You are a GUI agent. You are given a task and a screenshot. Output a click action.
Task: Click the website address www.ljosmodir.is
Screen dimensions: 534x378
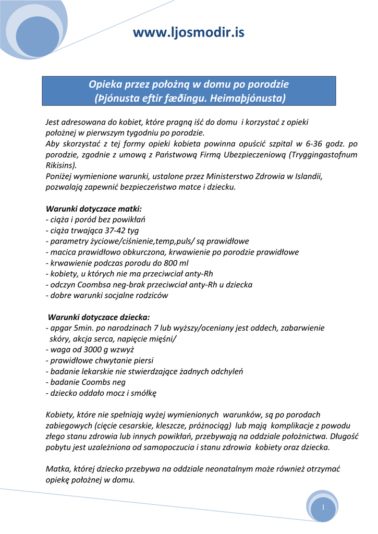[188, 33]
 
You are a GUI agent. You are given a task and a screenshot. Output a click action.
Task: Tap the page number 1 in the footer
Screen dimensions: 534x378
[323, 507]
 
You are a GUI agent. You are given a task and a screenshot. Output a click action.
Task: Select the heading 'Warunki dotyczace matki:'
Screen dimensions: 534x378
[90, 209]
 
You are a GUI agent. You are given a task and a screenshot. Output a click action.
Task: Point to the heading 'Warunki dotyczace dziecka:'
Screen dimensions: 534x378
[99, 317]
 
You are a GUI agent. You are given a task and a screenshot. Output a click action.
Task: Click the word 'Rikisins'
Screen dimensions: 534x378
[60, 165]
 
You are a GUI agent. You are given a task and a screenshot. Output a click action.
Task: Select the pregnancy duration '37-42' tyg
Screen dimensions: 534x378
[112, 230]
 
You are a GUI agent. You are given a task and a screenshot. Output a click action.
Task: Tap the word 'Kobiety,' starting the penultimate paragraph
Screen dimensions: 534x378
[61, 415]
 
